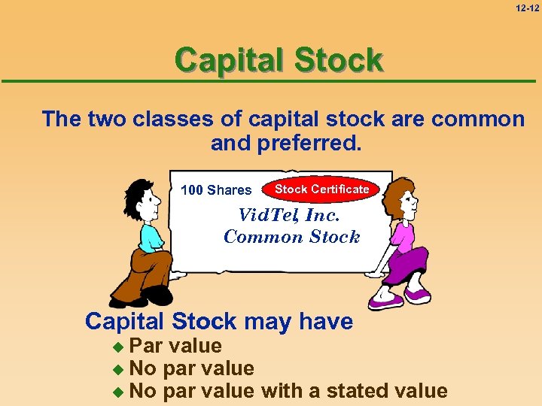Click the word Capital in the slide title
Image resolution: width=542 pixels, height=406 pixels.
(x=227, y=60)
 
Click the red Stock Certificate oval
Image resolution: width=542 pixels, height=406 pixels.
(x=321, y=189)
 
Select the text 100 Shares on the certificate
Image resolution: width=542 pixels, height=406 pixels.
(x=216, y=190)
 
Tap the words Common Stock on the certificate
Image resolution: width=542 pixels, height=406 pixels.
(x=292, y=237)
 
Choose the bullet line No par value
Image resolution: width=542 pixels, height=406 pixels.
(x=192, y=368)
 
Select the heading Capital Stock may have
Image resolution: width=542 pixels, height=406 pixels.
(x=219, y=321)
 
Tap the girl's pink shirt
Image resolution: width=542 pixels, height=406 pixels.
(x=399, y=233)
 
